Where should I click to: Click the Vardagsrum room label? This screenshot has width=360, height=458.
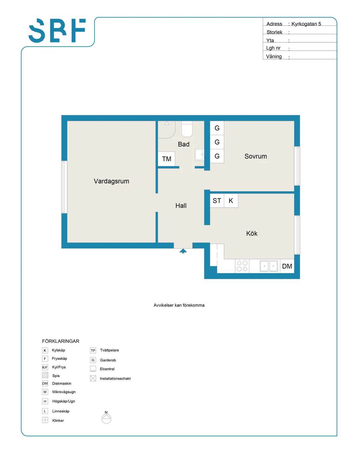(111, 181)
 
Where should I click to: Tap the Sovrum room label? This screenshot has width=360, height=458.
(256, 156)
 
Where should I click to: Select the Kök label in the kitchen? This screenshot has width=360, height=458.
(252, 234)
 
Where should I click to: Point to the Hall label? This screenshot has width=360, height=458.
(181, 206)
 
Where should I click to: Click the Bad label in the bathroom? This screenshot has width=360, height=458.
(184, 144)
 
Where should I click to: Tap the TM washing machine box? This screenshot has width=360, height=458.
(166, 159)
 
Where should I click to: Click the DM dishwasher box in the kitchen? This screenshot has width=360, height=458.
(287, 266)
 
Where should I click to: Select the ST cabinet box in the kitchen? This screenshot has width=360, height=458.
(217, 201)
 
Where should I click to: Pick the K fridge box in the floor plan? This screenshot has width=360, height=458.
(231, 201)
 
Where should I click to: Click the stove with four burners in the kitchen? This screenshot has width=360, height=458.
(242, 266)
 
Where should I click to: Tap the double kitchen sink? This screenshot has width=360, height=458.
(269, 266)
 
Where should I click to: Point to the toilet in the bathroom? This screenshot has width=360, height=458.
(187, 129)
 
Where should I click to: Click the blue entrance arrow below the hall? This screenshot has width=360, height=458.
(183, 251)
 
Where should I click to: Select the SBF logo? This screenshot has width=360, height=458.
(57, 31)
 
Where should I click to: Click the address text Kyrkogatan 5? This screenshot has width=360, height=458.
(306, 24)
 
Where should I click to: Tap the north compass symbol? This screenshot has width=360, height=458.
(106, 418)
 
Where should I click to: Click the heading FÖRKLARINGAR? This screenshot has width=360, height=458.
(61, 341)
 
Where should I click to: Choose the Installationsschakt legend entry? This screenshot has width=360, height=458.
(115, 379)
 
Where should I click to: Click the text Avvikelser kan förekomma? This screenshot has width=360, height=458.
(179, 305)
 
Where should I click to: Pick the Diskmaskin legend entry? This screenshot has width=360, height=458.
(61, 384)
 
